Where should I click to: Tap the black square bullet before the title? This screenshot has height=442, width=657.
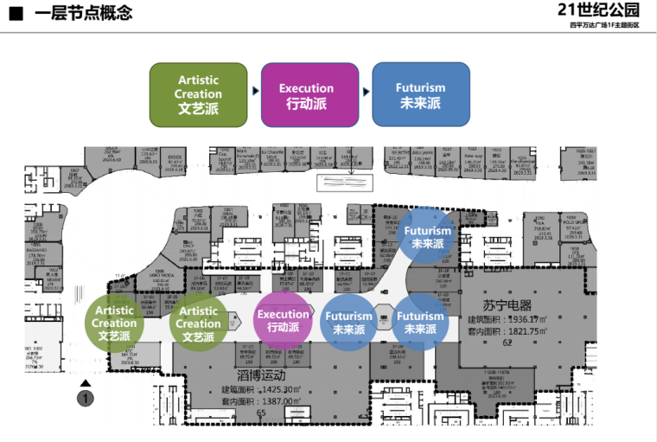coord(16,13)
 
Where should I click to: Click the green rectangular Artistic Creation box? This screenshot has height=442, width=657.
coord(198,93)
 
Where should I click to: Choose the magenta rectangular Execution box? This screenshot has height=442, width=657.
coord(306,93)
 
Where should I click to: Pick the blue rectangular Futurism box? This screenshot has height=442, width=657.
coord(420,93)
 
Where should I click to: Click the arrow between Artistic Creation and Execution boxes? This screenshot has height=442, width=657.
coord(255,91)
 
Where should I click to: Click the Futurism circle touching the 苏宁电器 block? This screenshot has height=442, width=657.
coord(419,323)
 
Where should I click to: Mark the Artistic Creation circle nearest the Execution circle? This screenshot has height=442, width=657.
coord(198,323)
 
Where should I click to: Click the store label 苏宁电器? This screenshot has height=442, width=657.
coord(509,305)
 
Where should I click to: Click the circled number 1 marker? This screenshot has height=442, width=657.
coord(85,399)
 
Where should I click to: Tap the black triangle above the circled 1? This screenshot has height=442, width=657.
coord(85,383)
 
